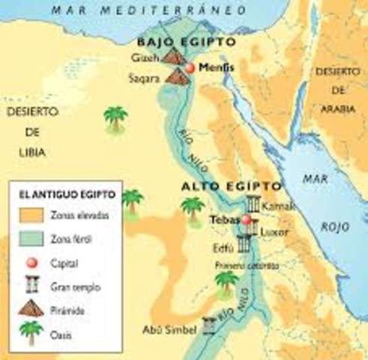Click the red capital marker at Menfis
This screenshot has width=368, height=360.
pyautogui.click(x=190, y=67)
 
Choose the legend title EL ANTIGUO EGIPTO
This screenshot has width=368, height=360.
pyautogui.click(x=67, y=194)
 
